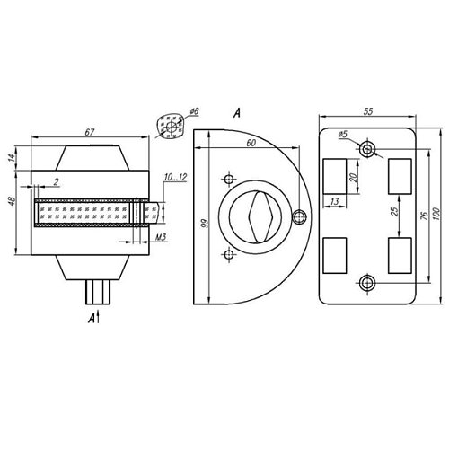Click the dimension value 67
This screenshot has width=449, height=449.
click(x=90, y=132)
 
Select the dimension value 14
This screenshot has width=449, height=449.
click(x=11, y=157)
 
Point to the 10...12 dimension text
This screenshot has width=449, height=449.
click(x=175, y=177)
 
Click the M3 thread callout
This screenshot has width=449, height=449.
click(x=161, y=237)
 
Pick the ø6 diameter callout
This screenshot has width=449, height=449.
click(x=194, y=111)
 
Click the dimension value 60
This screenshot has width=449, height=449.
click(x=251, y=143)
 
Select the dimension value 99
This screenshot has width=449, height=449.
click(x=204, y=224)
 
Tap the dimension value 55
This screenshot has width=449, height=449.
click(x=368, y=111)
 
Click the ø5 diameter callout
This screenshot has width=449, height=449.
click(x=343, y=135)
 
